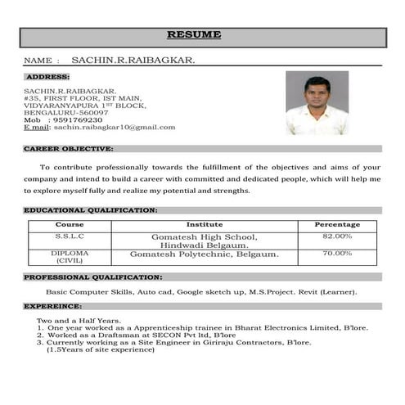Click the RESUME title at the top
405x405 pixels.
pyautogui.click(x=194, y=34)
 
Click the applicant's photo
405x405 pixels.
pyautogui.click(x=317, y=103)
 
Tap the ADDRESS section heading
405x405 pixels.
pyautogui.click(x=47, y=76)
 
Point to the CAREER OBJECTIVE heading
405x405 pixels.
pyautogui.click(x=68, y=149)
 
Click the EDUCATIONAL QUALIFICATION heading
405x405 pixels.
pyautogui.click(x=90, y=210)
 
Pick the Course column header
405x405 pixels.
pyautogui.click(x=70, y=224)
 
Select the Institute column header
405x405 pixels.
pyautogui.click(x=205, y=224)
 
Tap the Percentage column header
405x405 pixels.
pyautogui.click(x=337, y=224)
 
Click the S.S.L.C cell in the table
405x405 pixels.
pyautogui.click(x=70, y=236)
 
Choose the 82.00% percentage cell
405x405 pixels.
pyautogui.click(x=337, y=236)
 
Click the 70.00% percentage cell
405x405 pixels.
pyautogui.click(x=337, y=254)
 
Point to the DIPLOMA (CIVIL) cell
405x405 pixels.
pyautogui.click(x=70, y=257)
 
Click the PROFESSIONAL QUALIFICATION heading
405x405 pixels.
pyautogui.click(x=91, y=277)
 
